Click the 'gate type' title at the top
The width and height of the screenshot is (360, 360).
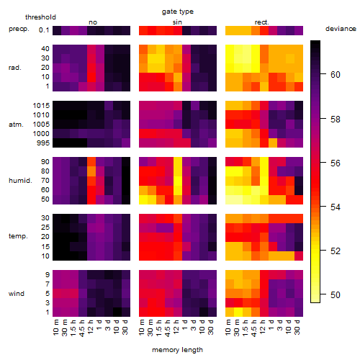click(x=178, y=12)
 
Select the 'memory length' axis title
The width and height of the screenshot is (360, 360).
click(x=177, y=350)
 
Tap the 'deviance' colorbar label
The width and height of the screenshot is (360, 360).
click(x=341, y=29)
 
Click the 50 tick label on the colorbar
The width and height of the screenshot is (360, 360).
click(x=336, y=294)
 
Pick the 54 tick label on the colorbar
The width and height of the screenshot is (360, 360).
click(x=336, y=207)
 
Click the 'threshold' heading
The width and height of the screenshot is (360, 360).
click(x=40, y=17)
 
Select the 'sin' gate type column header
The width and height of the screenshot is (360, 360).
click(x=177, y=22)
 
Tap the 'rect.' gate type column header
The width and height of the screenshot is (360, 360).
click(x=261, y=22)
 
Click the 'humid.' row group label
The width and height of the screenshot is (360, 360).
click(x=20, y=181)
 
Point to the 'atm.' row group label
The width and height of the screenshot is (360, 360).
click(x=16, y=125)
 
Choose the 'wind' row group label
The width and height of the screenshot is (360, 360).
click(x=17, y=294)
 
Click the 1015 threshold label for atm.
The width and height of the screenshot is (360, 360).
click(x=41, y=106)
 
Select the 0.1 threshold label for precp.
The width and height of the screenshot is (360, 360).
click(x=44, y=30)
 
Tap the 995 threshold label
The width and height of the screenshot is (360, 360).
click(x=43, y=143)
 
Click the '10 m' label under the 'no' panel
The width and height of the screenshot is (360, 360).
click(x=57, y=328)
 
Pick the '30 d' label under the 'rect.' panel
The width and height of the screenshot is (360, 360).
click(x=298, y=328)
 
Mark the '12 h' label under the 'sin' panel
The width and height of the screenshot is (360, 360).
click(x=177, y=328)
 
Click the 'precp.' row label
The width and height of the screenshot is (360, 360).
click(x=19, y=29)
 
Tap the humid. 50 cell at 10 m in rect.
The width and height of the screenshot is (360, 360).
click(x=230, y=199)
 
